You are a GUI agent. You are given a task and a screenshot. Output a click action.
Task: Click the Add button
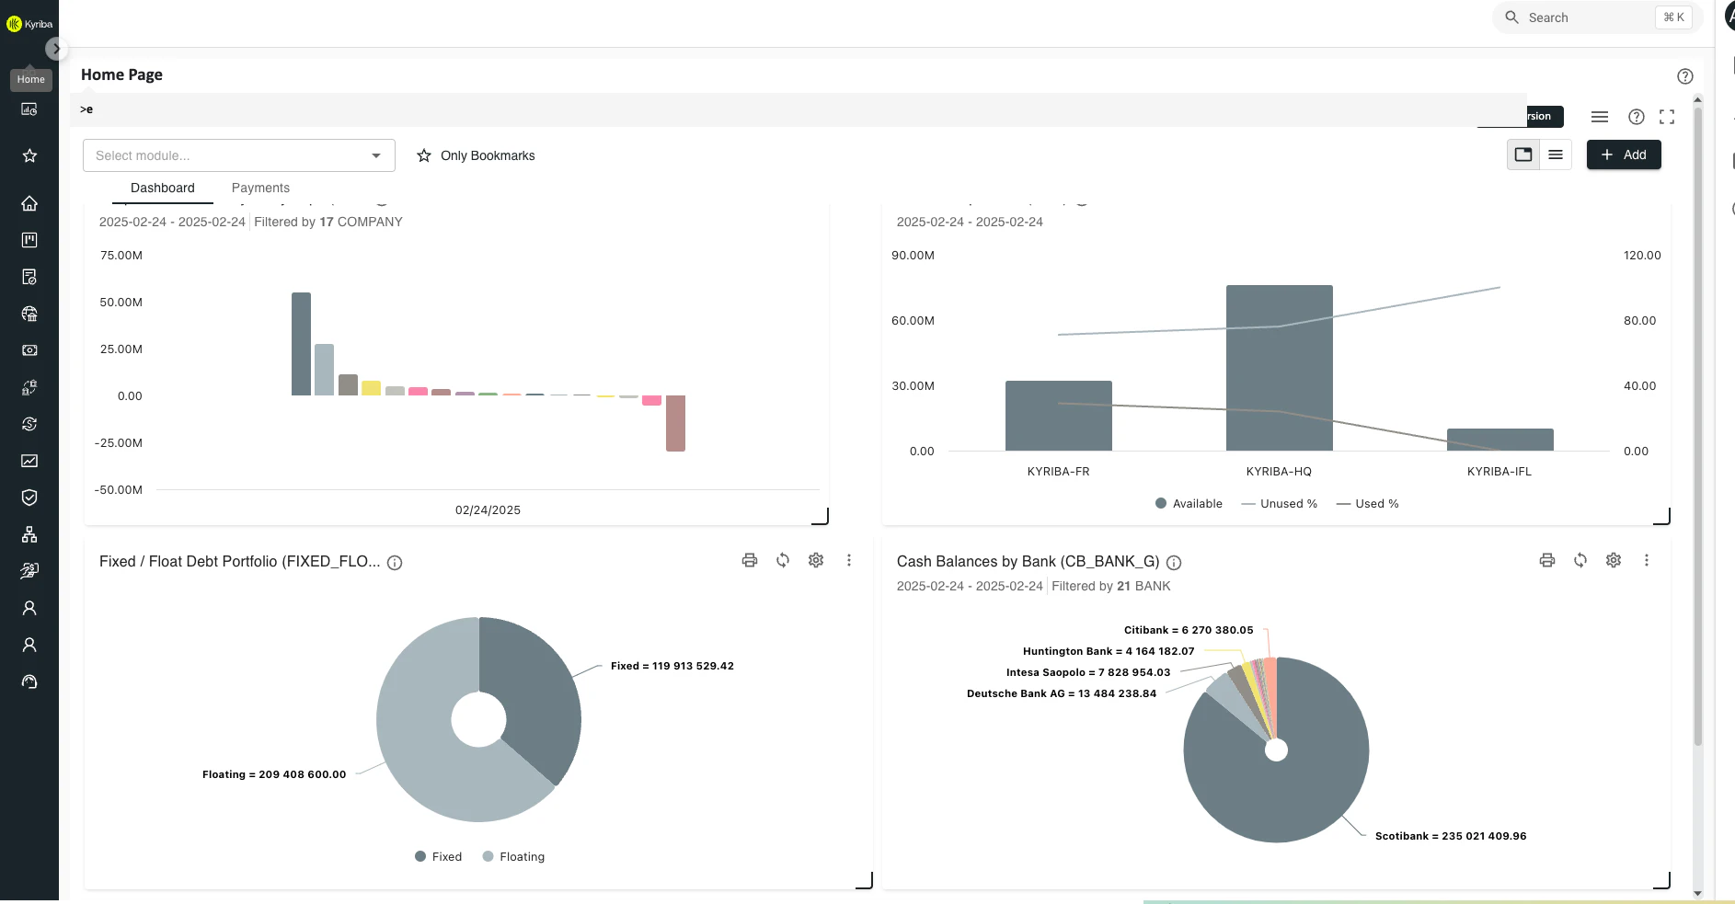pos(1624,154)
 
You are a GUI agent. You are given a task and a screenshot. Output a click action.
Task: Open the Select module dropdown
pos(238,155)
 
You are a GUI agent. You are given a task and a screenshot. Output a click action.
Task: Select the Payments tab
pos(260,188)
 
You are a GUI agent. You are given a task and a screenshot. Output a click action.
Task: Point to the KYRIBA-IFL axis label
pos(1499,471)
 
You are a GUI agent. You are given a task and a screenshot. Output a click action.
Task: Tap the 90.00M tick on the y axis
pos(913,255)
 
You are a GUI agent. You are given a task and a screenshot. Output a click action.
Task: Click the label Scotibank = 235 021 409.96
pos(1450,836)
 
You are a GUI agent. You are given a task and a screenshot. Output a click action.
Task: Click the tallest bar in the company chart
pos(301,345)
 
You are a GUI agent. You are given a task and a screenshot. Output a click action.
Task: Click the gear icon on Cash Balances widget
pos(1613,560)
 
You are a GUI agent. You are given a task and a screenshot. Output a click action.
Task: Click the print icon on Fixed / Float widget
pos(750,560)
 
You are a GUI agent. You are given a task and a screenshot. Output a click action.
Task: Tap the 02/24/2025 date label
pos(488,509)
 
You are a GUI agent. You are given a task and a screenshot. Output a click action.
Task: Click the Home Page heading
pos(121,74)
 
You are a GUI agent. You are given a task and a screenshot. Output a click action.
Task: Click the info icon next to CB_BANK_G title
pos(1174,563)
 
